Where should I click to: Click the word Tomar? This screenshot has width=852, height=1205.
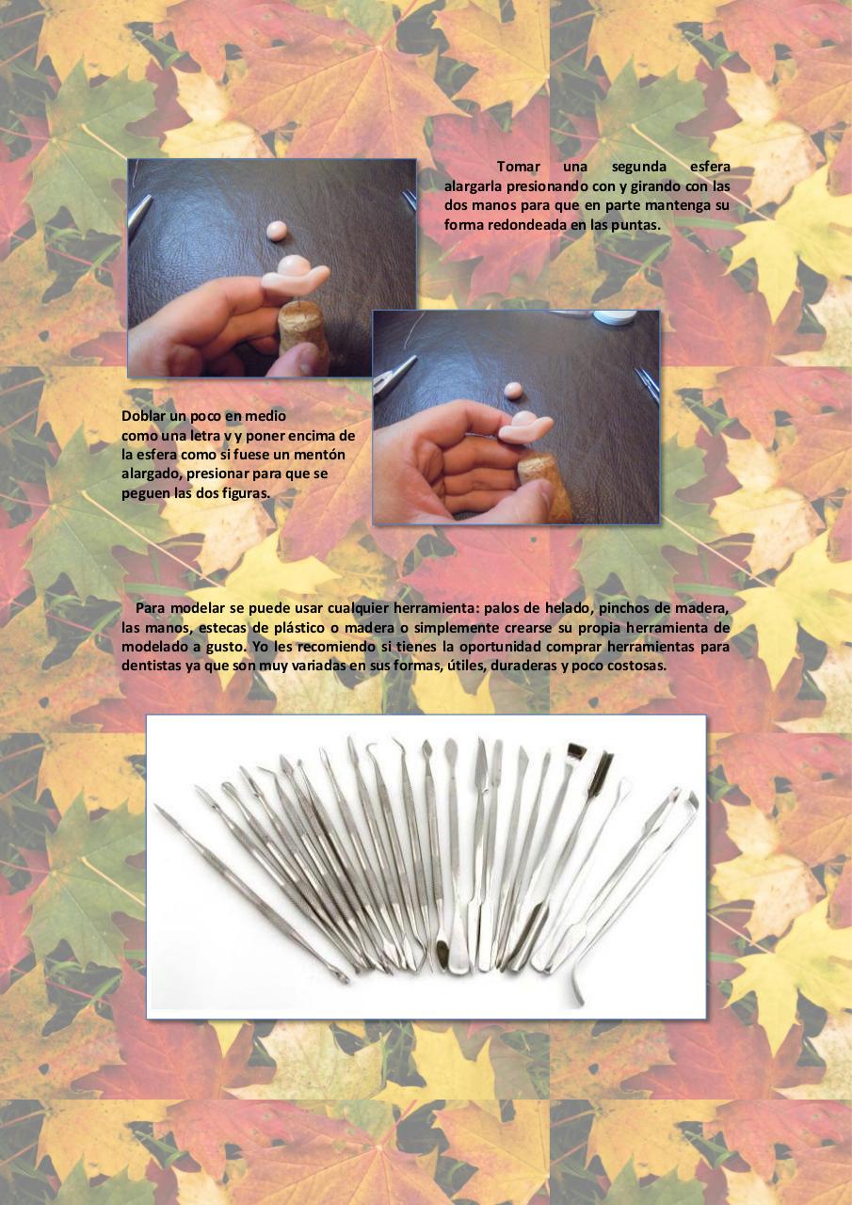click(x=518, y=167)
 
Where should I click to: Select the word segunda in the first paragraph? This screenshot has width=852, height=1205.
click(x=638, y=168)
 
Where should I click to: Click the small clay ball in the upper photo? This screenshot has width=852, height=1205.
click(x=278, y=232)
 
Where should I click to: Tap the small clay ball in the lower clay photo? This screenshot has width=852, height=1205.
click(x=512, y=390)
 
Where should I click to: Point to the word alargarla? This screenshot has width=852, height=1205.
click(x=471, y=186)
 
